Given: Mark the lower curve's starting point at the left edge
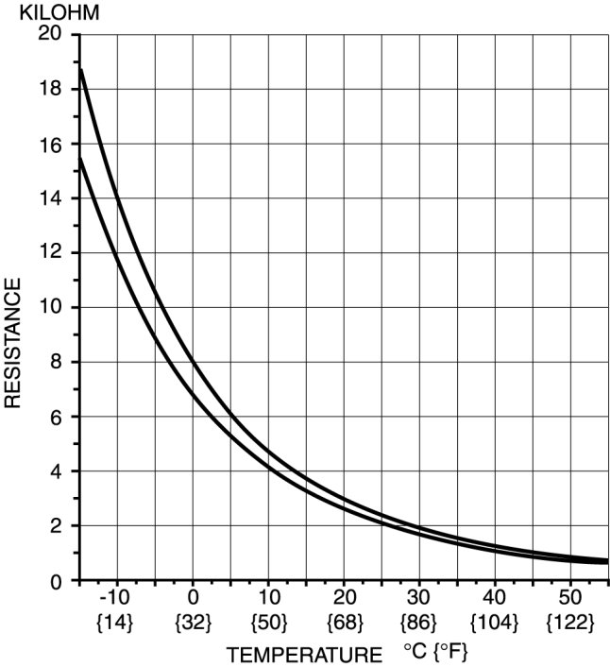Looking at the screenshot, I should (81, 159).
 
